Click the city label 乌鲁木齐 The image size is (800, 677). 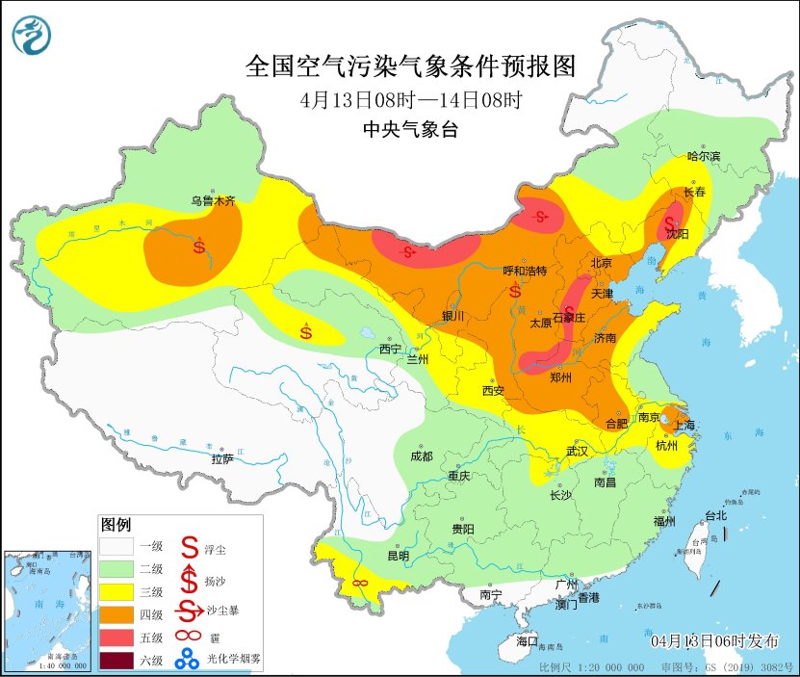click(x=212, y=201)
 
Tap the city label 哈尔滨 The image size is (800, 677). click(x=704, y=156)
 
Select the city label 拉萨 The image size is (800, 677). click(x=222, y=459)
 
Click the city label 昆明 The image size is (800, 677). click(x=398, y=556)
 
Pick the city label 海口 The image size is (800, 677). click(x=527, y=640)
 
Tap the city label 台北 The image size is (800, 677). click(x=716, y=515)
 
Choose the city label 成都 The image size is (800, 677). click(x=421, y=456)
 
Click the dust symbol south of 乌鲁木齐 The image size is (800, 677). click(x=199, y=246)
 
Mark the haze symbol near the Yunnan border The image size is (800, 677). click(x=361, y=583)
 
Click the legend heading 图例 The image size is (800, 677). click(x=116, y=525)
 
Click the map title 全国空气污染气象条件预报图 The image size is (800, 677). click(x=411, y=66)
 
